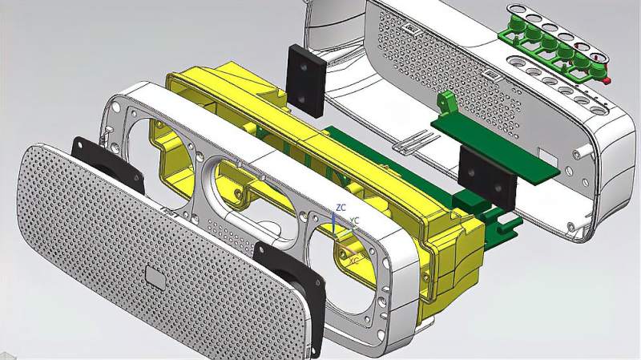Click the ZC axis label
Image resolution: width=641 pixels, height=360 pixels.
click(341, 208)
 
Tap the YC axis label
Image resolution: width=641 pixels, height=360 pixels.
click(354, 221)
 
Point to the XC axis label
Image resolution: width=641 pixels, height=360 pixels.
click(354, 260)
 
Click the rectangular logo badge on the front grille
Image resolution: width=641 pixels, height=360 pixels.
click(155, 278)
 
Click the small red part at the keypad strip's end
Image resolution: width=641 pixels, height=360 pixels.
click(607, 79)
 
